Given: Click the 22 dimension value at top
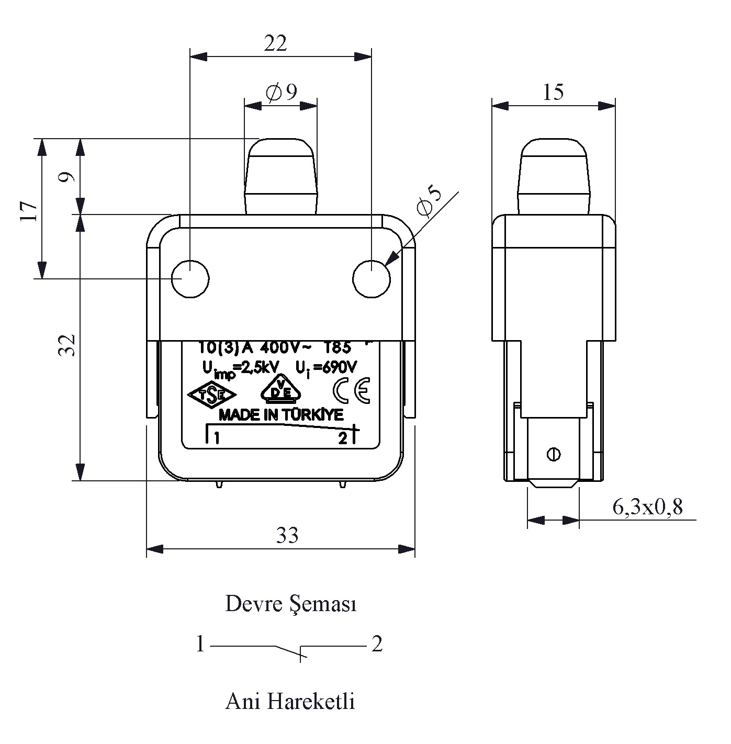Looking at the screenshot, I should click(275, 44).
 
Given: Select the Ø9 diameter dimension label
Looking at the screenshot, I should click(282, 93).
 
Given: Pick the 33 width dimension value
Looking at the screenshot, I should click(287, 535).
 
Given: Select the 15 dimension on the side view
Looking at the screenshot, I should click(553, 92).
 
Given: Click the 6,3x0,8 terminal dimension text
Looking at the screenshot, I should click(647, 506).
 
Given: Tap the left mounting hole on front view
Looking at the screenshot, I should click(190, 278).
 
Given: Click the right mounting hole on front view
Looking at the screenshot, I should click(372, 278).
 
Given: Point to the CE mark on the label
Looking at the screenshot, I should click(352, 390).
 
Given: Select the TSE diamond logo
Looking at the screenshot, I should click(212, 394).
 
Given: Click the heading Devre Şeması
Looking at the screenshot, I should click(291, 604).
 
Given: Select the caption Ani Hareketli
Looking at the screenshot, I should click(290, 701).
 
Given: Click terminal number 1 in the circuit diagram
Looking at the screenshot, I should click(200, 644).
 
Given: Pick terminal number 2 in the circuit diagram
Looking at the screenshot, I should click(377, 644).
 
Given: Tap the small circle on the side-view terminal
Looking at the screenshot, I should click(553, 454).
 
